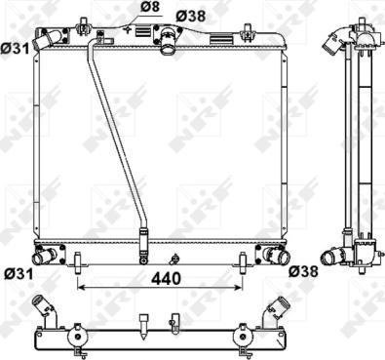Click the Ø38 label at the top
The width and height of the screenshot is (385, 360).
(191, 16)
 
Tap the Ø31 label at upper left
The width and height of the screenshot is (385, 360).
(15, 49)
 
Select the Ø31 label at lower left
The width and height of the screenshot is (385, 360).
(19, 274)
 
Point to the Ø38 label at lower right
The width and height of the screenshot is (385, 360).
(303, 271)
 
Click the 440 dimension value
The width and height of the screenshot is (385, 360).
(166, 279)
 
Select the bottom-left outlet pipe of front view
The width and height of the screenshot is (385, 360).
(44, 256)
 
